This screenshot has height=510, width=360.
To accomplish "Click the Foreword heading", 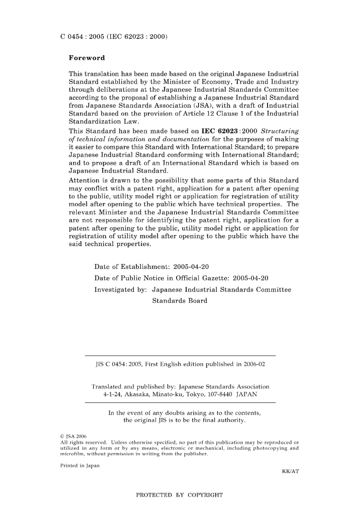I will pyautogui.click(x=87, y=58).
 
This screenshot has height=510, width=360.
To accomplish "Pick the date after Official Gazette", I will pyautogui.click(x=250, y=278).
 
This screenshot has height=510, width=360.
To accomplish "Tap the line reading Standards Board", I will pyautogui.click(x=180, y=301).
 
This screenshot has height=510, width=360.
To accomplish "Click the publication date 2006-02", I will pyautogui.click(x=254, y=364).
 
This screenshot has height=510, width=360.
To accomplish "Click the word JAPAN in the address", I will pyautogui.click(x=247, y=394).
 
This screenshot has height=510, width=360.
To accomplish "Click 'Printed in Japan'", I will pyautogui.click(x=80, y=466).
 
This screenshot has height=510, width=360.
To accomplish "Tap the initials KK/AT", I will pyautogui.click(x=290, y=471).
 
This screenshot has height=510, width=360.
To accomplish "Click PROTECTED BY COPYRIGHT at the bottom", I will pyautogui.click(x=179, y=495).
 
